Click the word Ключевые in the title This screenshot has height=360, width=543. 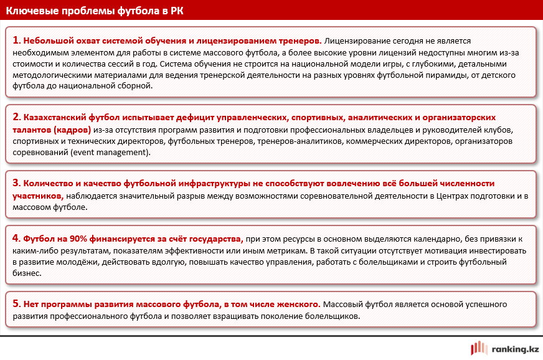click(x=32, y=11)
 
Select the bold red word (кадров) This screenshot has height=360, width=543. click(x=71, y=130)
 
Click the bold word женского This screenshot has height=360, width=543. click(x=296, y=305)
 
